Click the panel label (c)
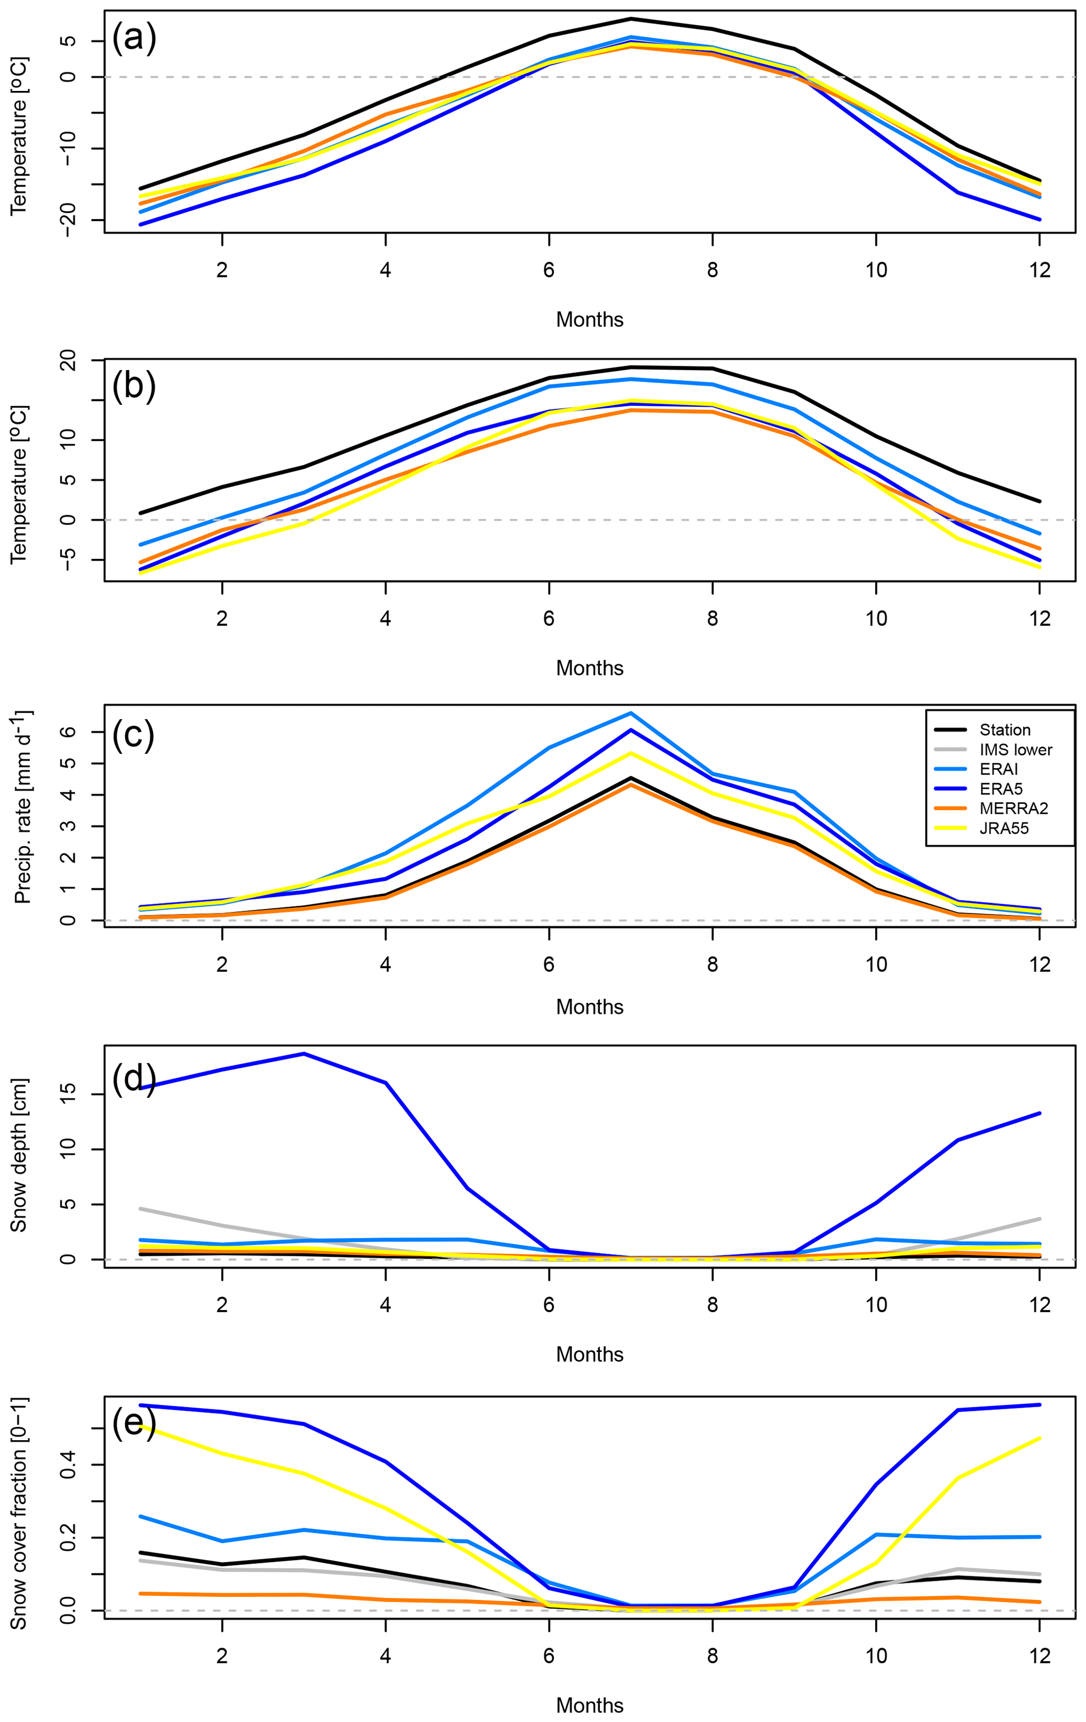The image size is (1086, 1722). (133, 734)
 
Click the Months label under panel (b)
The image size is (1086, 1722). (590, 668)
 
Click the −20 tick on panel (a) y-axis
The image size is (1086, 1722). (68, 220)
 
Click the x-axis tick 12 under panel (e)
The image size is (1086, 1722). (1040, 1656)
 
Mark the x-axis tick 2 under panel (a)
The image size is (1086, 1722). (222, 270)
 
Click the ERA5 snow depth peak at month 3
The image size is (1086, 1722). (304, 1053)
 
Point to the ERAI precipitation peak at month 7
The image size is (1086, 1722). (630, 713)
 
